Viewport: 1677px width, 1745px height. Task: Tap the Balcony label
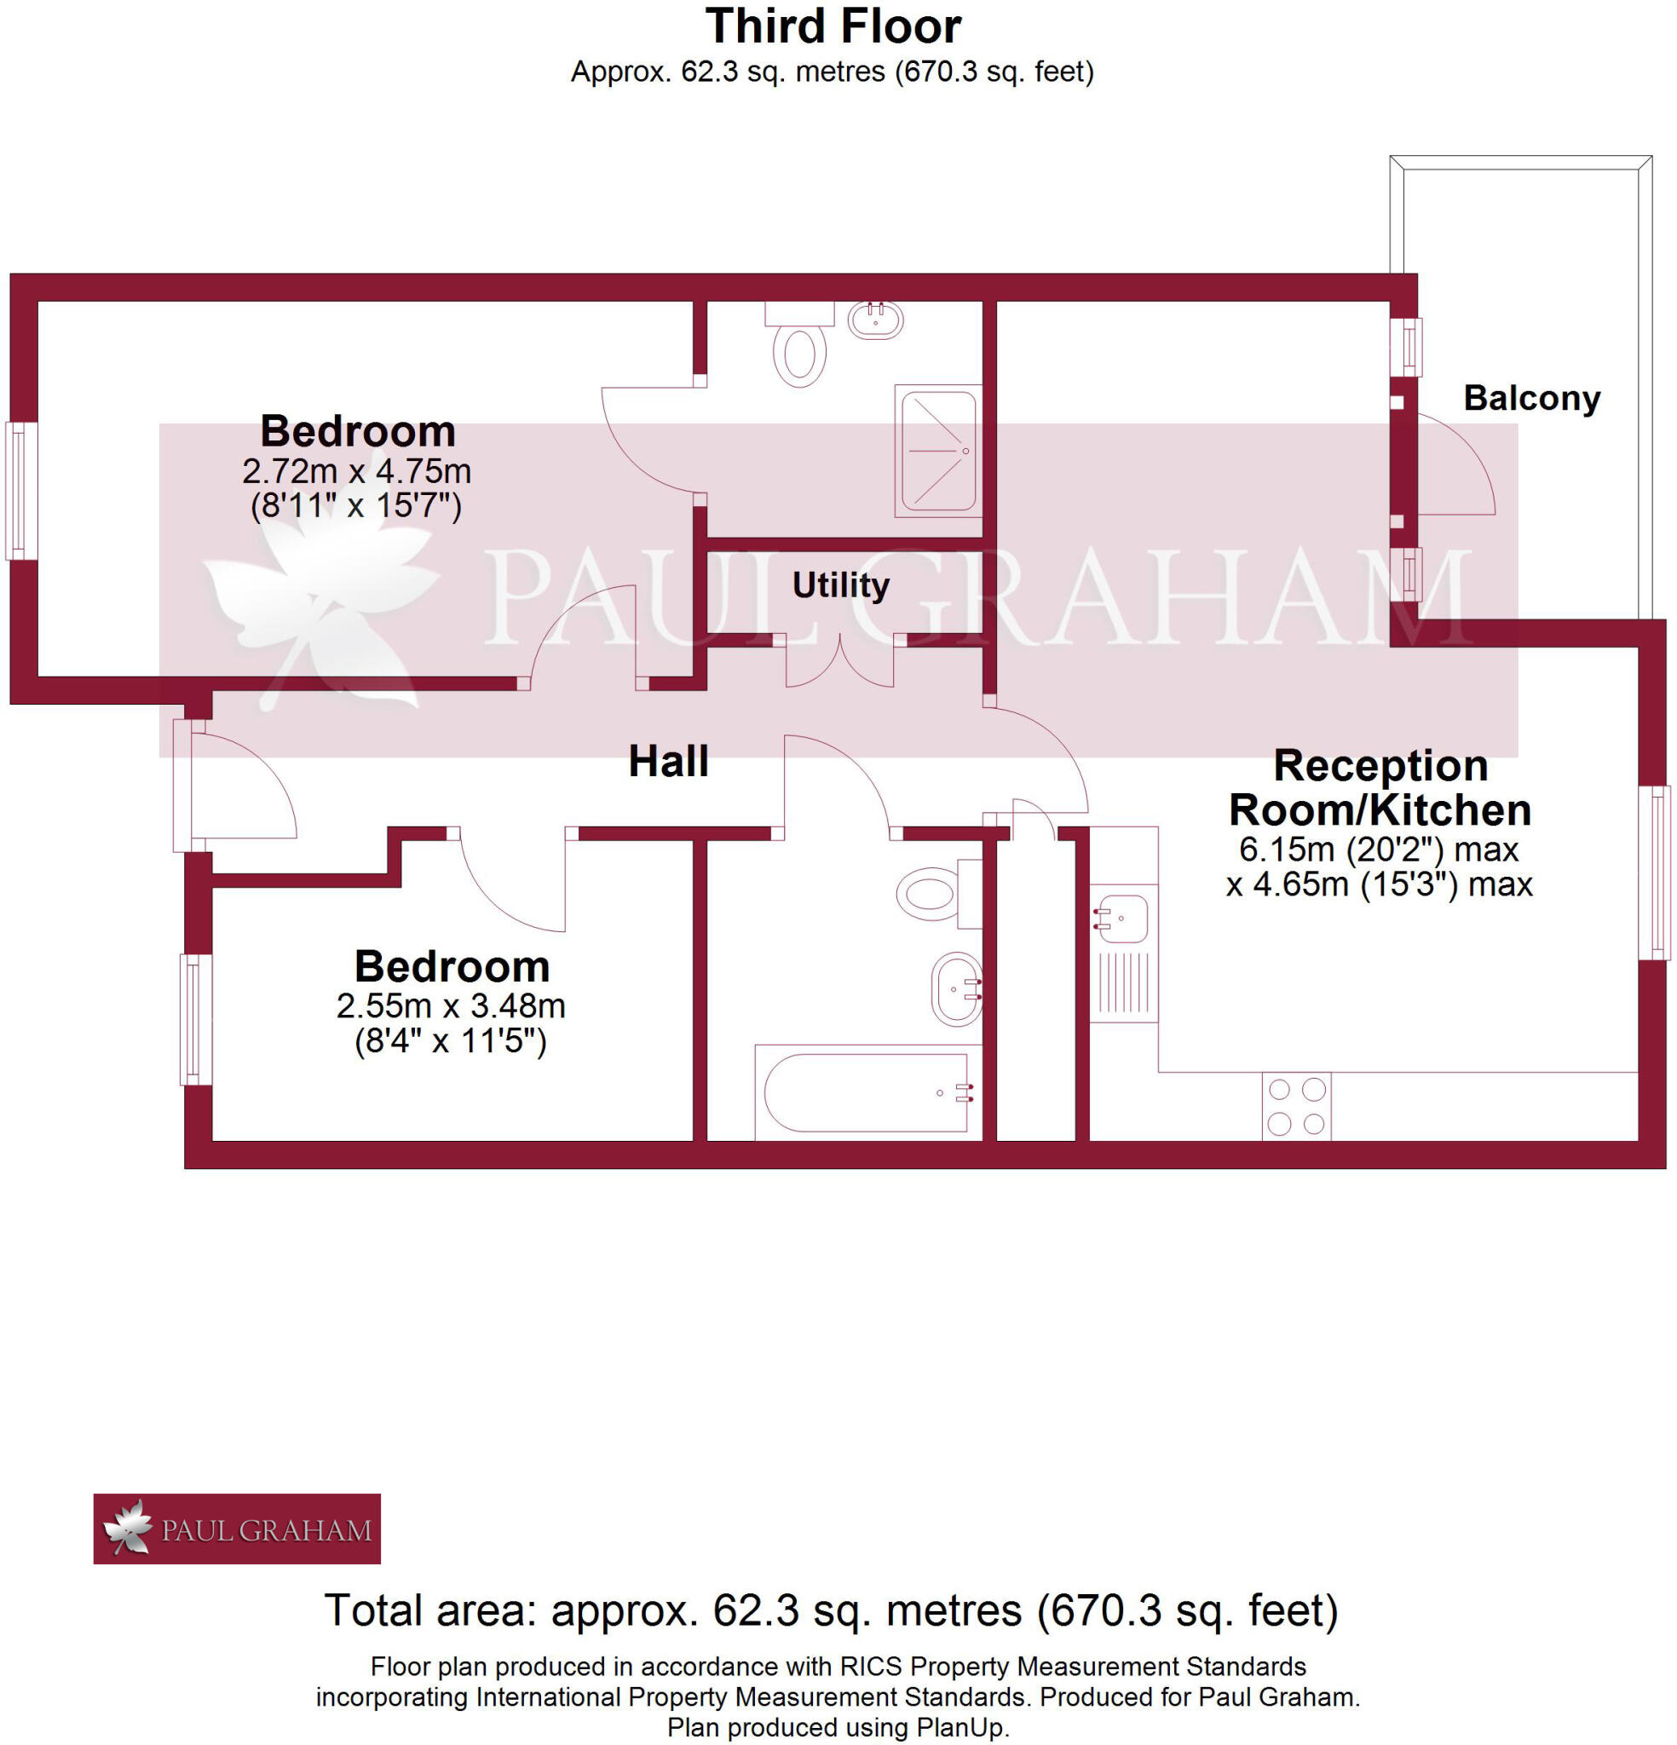click(1531, 398)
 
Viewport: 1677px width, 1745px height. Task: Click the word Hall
click(668, 762)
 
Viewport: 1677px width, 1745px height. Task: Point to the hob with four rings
click(1296, 1107)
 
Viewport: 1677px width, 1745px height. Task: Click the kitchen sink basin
click(1124, 918)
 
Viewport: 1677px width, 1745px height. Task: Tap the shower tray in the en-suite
click(938, 451)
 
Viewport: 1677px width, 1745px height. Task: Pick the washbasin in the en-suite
click(875, 319)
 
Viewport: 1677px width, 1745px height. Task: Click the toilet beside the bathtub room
click(931, 893)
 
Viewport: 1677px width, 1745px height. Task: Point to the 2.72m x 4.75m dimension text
click(356, 471)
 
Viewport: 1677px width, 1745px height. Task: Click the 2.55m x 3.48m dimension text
click(451, 1006)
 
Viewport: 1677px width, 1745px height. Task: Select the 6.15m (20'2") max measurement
click(1378, 849)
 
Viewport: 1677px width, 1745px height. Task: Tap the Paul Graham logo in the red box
click(237, 1529)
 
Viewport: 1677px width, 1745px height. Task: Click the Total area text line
click(831, 1610)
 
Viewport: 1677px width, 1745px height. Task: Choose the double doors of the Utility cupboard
click(839, 663)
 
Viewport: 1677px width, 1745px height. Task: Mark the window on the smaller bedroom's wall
click(195, 1019)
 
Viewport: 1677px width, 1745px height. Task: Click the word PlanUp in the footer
click(969, 1728)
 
